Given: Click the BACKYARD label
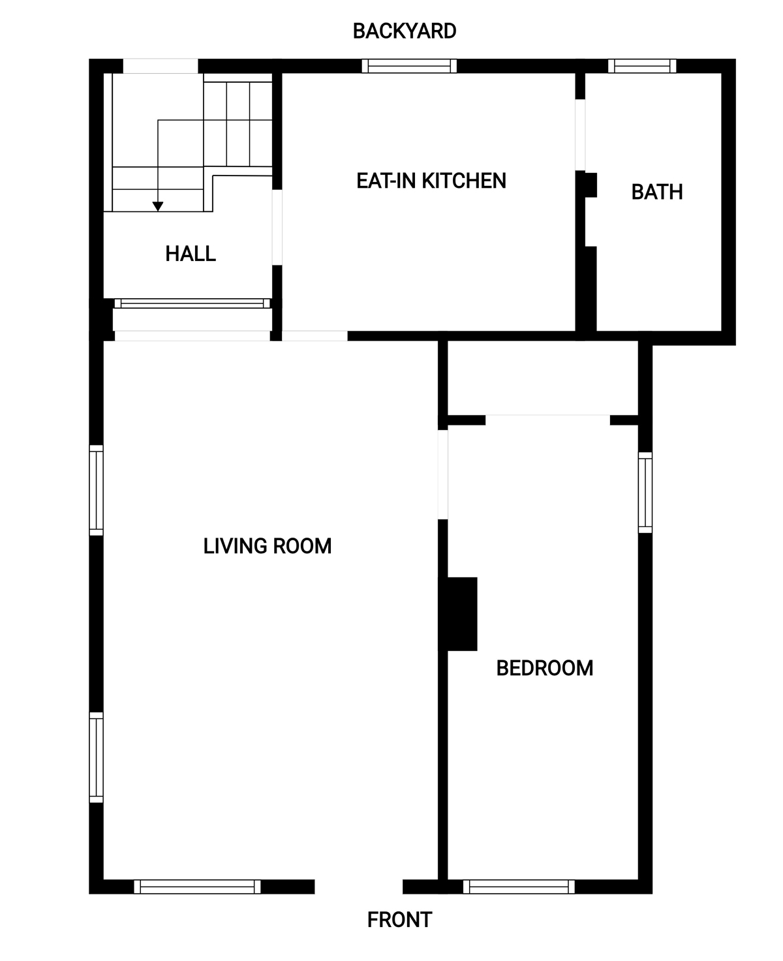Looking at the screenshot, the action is point(405,31).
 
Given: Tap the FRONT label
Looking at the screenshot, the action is point(399,919).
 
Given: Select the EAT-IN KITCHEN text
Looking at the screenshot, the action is point(431,181).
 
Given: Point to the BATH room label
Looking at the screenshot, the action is point(656,192).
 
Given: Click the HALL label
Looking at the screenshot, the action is point(191,254).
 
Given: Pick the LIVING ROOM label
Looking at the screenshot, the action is point(267,546).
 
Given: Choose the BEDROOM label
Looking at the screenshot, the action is point(545,668).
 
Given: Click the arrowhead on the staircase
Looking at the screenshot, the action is point(157,206).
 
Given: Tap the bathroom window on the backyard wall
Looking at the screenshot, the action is point(642,66).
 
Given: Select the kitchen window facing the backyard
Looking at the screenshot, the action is point(409,66).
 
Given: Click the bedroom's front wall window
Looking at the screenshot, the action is point(519,887).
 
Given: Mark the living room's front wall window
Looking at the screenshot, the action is point(197,887).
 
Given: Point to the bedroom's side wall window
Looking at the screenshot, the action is point(645,492).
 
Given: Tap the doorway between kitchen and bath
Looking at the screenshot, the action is point(580,135).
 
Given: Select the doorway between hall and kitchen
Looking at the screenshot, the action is point(277,228).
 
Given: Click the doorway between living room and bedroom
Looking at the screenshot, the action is point(443,475).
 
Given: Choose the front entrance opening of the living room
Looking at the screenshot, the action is point(358,887).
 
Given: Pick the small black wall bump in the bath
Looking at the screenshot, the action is point(591,185).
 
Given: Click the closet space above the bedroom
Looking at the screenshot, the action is point(543,378).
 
